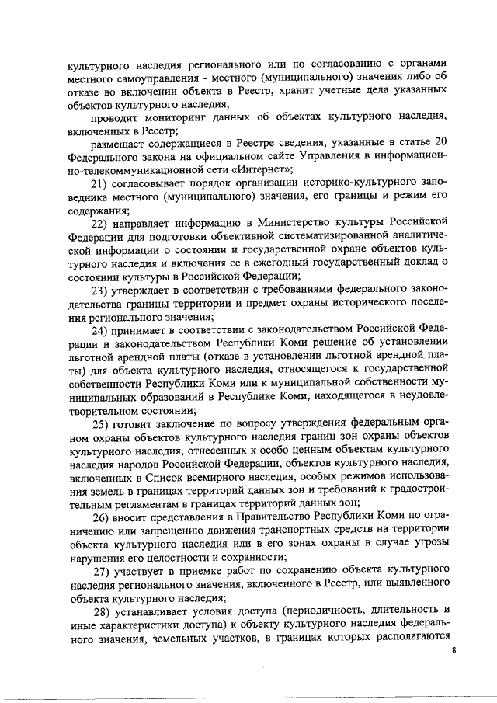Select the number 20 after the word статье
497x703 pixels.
(x=442, y=142)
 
